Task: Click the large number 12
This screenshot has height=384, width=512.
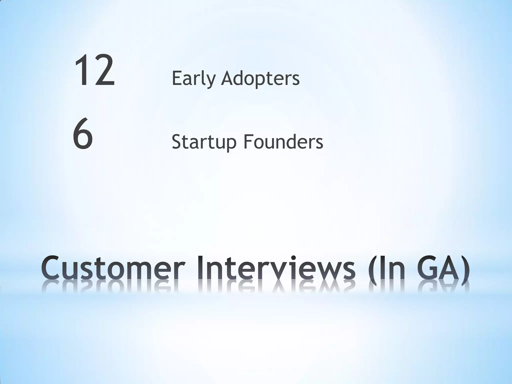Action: [x=94, y=71]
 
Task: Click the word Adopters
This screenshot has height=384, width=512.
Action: [x=260, y=78]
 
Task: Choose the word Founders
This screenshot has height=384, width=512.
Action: [x=283, y=142]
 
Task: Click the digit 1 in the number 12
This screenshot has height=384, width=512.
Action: [x=82, y=71]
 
